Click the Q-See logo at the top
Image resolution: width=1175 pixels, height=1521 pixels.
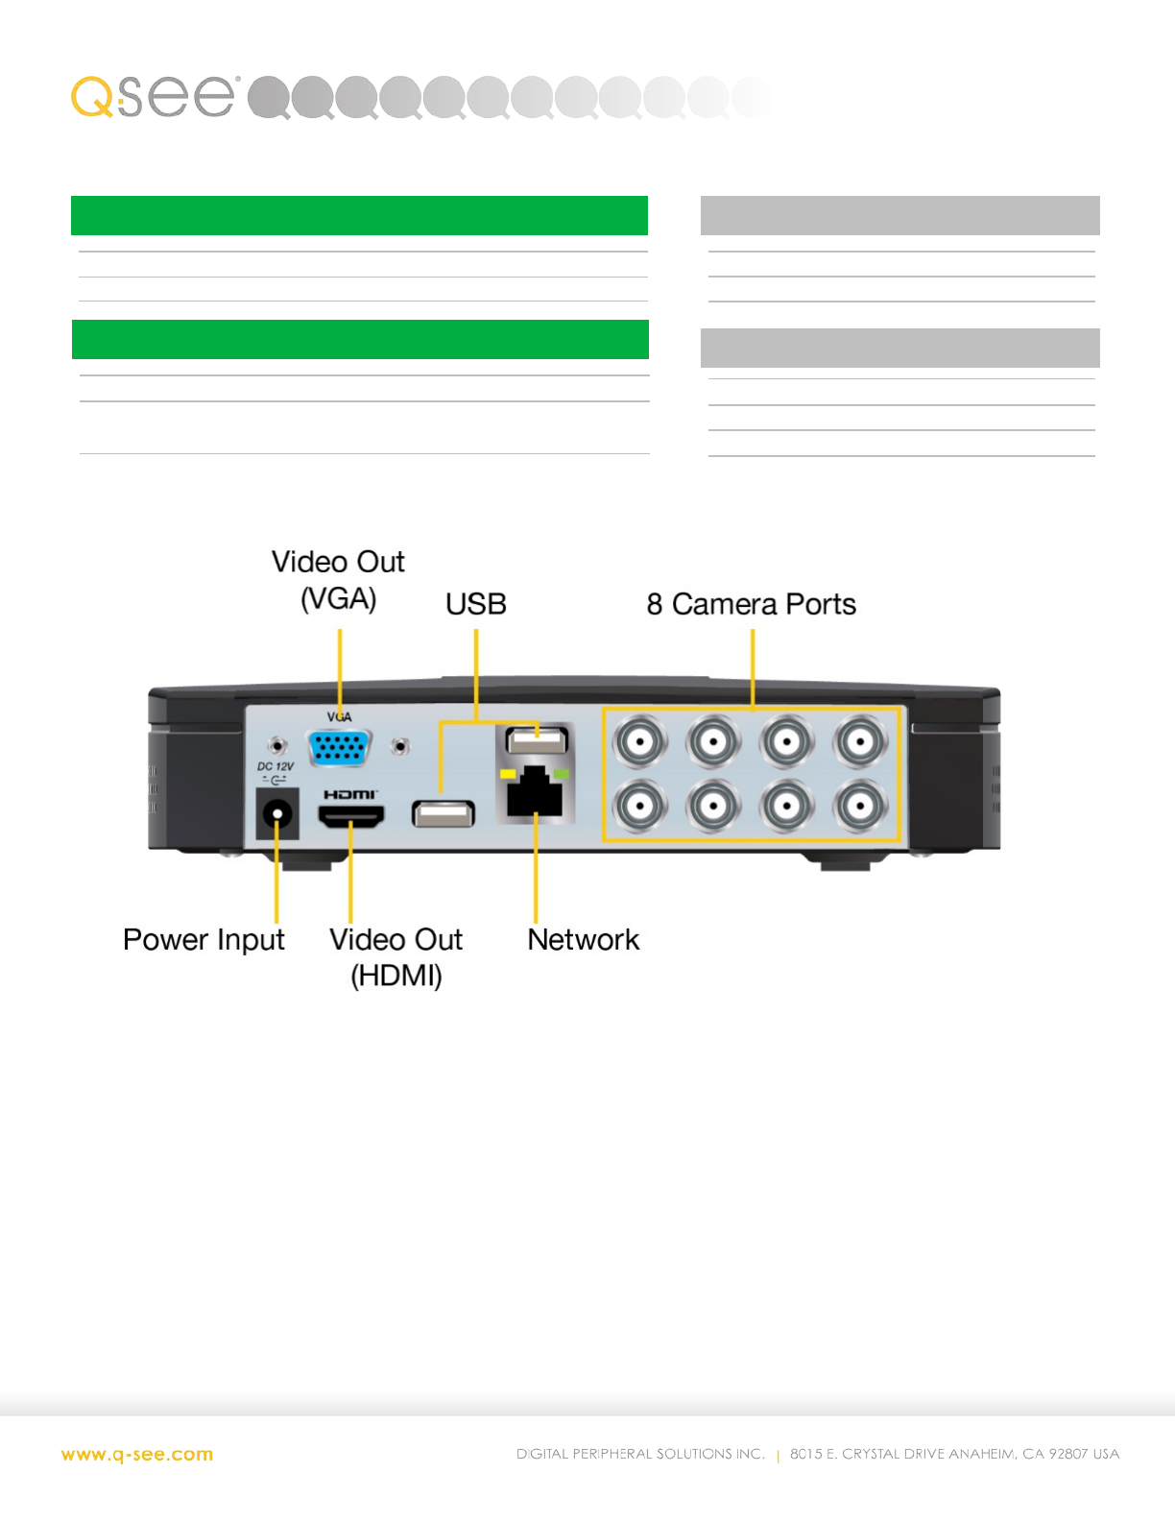click(154, 96)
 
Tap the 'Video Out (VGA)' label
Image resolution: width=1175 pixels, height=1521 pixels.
click(338, 580)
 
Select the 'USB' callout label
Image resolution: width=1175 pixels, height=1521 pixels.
click(475, 604)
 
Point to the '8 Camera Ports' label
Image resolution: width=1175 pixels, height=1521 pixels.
click(751, 604)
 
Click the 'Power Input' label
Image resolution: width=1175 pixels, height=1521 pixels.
click(204, 939)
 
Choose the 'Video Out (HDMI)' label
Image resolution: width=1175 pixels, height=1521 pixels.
click(396, 956)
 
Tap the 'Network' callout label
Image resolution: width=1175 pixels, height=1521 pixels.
click(583, 939)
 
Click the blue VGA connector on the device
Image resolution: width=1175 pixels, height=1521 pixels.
click(339, 748)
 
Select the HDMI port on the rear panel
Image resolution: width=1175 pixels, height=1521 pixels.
click(351, 816)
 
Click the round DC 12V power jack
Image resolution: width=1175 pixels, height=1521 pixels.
click(278, 815)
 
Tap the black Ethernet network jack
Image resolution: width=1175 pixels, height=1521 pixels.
click(535, 793)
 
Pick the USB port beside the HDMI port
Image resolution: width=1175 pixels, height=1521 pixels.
click(443, 814)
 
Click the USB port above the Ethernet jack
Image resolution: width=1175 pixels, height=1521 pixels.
click(537, 739)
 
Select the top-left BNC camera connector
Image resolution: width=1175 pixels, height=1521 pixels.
click(639, 741)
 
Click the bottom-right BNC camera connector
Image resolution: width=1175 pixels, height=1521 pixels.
click(860, 806)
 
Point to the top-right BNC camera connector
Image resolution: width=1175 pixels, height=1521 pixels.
click(860, 741)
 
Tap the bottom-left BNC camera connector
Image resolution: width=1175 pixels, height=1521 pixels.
click(639, 806)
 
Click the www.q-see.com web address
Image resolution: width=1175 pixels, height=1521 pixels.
click(137, 1455)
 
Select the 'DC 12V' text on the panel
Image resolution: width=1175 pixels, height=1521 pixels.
click(276, 766)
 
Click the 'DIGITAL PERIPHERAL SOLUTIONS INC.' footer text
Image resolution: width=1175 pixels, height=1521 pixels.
click(640, 1454)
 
